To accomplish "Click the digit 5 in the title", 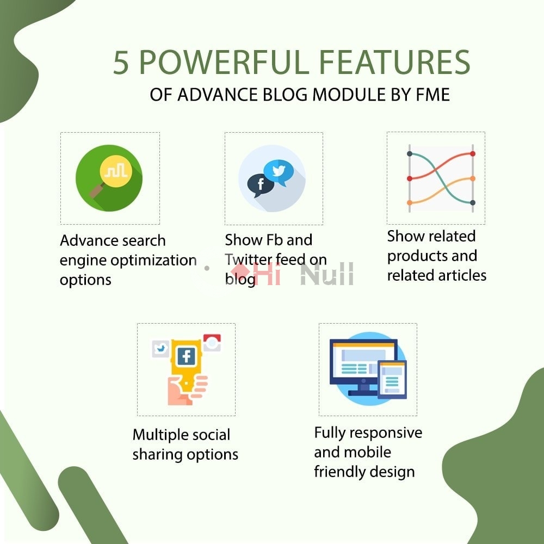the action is [x=121, y=63].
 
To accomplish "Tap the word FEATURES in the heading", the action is [x=394, y=62].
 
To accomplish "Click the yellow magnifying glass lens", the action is [x=116, y=171].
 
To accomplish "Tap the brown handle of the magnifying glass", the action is [x=96, y=190].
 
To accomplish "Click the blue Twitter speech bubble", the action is [x=279, y=172].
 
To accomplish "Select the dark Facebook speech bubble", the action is [x=260, y=185].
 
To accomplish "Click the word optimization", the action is [x=153, y=261].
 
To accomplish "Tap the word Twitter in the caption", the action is [x=248, y=259].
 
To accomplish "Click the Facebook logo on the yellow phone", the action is [x=186, y=356].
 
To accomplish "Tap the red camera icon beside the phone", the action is [x=212, y=343].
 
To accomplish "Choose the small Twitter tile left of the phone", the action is [x=160, y=349].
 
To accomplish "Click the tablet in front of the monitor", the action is [x=392, y=380].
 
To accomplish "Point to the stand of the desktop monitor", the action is [x=363, y=388].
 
